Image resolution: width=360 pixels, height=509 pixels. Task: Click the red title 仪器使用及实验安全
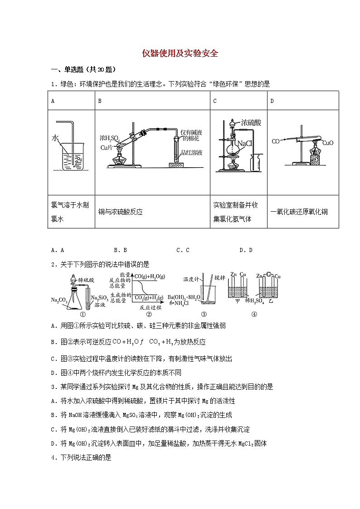coord(180,53)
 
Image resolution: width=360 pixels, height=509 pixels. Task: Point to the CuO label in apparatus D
coord(328,143)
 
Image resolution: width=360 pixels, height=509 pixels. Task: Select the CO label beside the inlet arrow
coord(275,141)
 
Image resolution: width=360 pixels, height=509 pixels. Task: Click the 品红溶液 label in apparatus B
coord(190,153)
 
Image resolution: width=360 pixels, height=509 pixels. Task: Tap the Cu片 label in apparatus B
coord(106,148)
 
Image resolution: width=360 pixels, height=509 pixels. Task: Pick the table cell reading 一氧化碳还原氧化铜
coord(299,212)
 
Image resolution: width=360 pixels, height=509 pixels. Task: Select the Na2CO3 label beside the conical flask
coord(60,300)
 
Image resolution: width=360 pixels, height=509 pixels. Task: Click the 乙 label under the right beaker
coord(271,301)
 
